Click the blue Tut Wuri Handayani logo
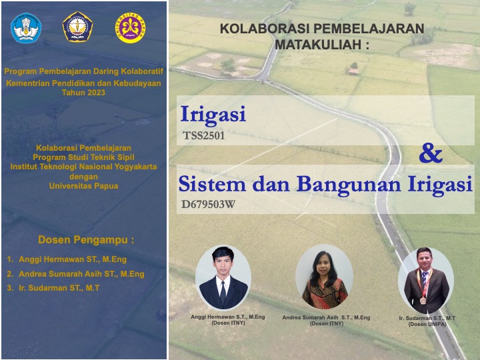27,27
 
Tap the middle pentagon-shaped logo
77,27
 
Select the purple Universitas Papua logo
129,27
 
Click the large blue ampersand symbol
431,154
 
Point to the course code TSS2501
203,135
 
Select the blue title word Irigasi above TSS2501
213,115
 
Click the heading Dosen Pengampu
86,239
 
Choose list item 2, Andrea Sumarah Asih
81,273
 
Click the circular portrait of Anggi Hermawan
223,278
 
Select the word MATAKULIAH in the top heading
317,44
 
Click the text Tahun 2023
83,93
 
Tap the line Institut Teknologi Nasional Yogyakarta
83,167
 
